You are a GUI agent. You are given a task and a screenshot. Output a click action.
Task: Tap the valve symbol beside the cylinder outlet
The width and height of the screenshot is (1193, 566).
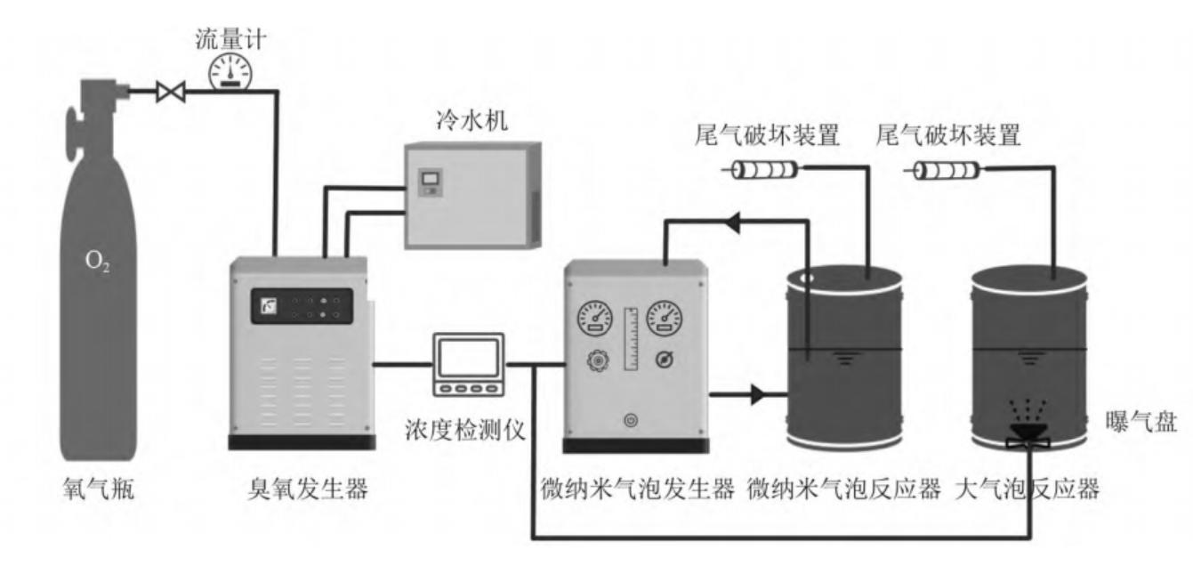click(169, 92)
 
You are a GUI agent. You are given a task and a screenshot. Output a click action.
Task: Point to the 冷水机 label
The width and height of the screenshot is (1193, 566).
click(473, 121)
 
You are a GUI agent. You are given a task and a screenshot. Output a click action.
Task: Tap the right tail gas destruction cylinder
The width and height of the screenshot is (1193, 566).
click(947, 169)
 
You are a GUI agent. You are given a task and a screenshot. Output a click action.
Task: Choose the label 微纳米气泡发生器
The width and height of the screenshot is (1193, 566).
click(637, 489)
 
